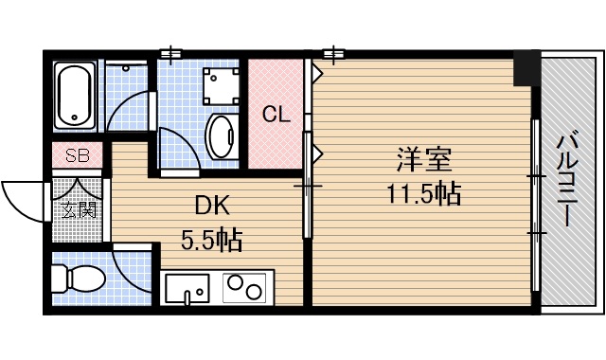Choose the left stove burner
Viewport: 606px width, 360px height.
coord(235,286)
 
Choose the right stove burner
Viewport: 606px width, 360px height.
coord(257,286)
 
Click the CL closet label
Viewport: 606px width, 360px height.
coord(276,115)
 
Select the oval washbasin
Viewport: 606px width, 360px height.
coord(222,135)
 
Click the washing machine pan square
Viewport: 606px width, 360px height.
coord(223,87)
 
